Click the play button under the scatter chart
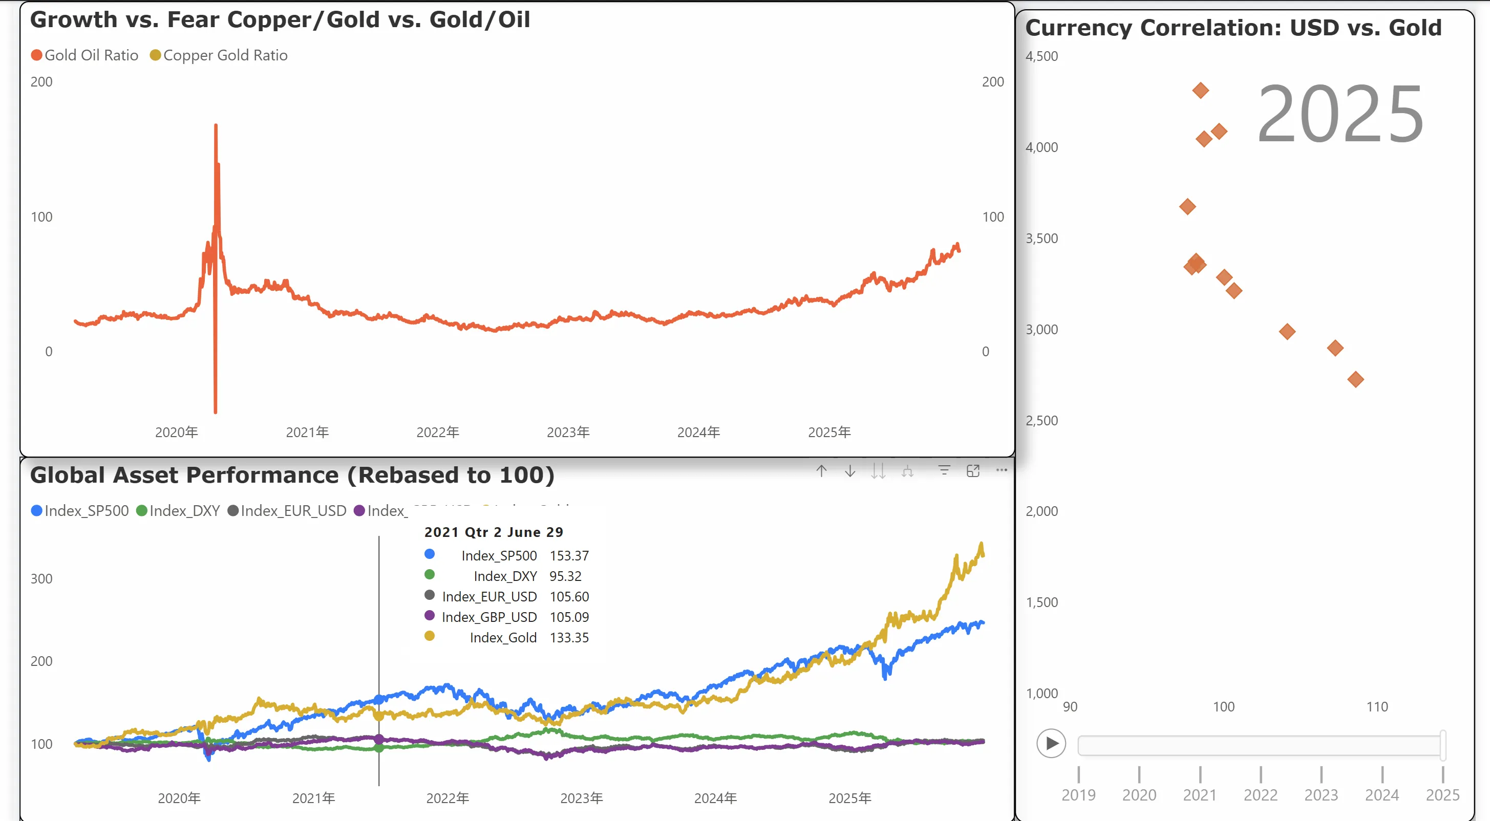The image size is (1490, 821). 1051,744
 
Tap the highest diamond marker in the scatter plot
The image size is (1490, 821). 1200,90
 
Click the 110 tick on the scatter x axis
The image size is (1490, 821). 1377,706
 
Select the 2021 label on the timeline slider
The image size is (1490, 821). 1200,795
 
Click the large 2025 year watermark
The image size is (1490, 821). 1339,114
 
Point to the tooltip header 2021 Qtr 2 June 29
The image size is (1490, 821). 494,532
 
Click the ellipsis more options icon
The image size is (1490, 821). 1001,470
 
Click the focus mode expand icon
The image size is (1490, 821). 973,471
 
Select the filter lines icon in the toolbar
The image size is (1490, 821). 944,471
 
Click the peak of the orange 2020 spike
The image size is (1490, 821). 216,125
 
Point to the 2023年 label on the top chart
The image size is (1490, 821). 568,433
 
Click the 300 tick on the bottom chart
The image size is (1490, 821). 41,579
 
